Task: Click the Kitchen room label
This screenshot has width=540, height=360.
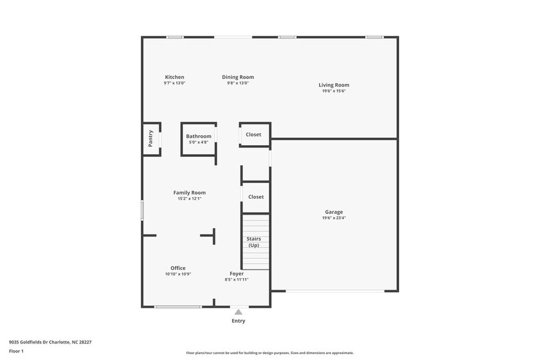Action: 174,77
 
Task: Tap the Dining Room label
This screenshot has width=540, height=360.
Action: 238,77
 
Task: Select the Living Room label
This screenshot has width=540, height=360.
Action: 334,85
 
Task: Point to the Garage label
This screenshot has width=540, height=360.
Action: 334,212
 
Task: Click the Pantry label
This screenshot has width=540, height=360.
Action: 151,138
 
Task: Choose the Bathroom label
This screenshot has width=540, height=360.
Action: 198,136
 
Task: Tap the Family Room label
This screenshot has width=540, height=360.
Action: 189,192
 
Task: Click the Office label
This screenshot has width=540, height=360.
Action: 178,268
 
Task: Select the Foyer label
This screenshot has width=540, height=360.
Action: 236,274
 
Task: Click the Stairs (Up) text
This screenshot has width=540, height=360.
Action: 253,242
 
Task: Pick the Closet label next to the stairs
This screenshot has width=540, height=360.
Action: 256,197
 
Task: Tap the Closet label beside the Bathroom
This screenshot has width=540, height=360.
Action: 253,134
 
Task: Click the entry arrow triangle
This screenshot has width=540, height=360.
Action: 238,312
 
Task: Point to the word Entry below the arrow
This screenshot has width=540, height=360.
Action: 238,321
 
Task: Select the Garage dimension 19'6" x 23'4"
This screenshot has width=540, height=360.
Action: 334,218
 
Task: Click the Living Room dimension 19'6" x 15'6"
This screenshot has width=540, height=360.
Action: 334,91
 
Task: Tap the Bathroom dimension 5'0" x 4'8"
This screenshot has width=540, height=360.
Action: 198,142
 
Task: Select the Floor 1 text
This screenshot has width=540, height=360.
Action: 16,351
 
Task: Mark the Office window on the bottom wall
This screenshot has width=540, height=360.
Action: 178,307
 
